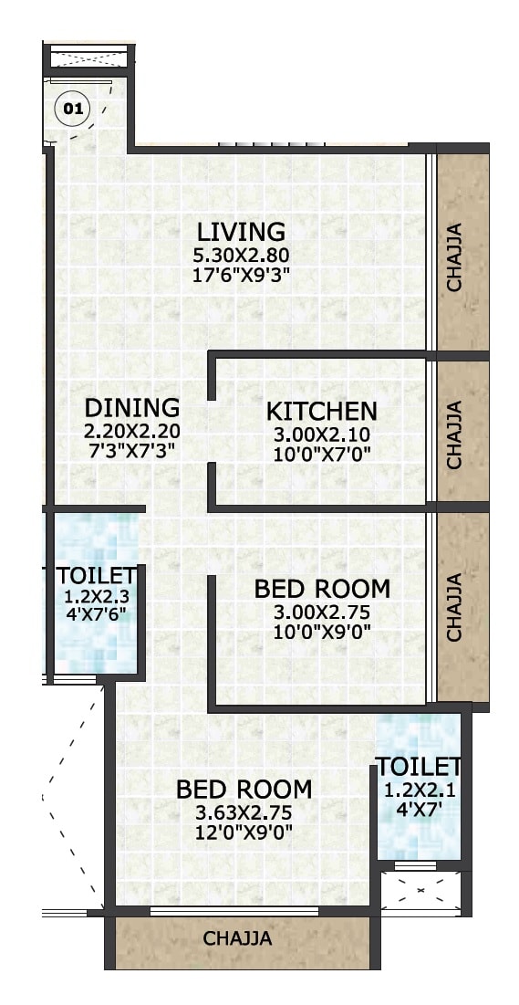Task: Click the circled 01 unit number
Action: pyautogui.click(x=74, y=110)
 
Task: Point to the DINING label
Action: pyautogui.click(x=131, y=407)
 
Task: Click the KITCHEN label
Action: pyautogui.click(x=321, y=411)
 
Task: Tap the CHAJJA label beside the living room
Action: pyautogui.click(x=454, y=256)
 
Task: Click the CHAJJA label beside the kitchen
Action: pyautogui.click(x=454, y=434)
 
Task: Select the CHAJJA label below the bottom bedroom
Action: pyautogui.click(x=237, y=937)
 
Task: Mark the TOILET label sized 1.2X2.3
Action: pyautogui.click(x=96, y=577)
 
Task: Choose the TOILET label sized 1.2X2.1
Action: pyautogui.click(x=419, y=765)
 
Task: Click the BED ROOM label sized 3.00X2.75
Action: pyautogui.click(x=322, y=589)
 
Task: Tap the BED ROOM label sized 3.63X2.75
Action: pyautogui.click(x=244, y=789)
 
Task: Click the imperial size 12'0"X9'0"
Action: pyautogui.click(x=244, y=832)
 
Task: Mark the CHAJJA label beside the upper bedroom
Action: pyautogui.click(x=454, y=605)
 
